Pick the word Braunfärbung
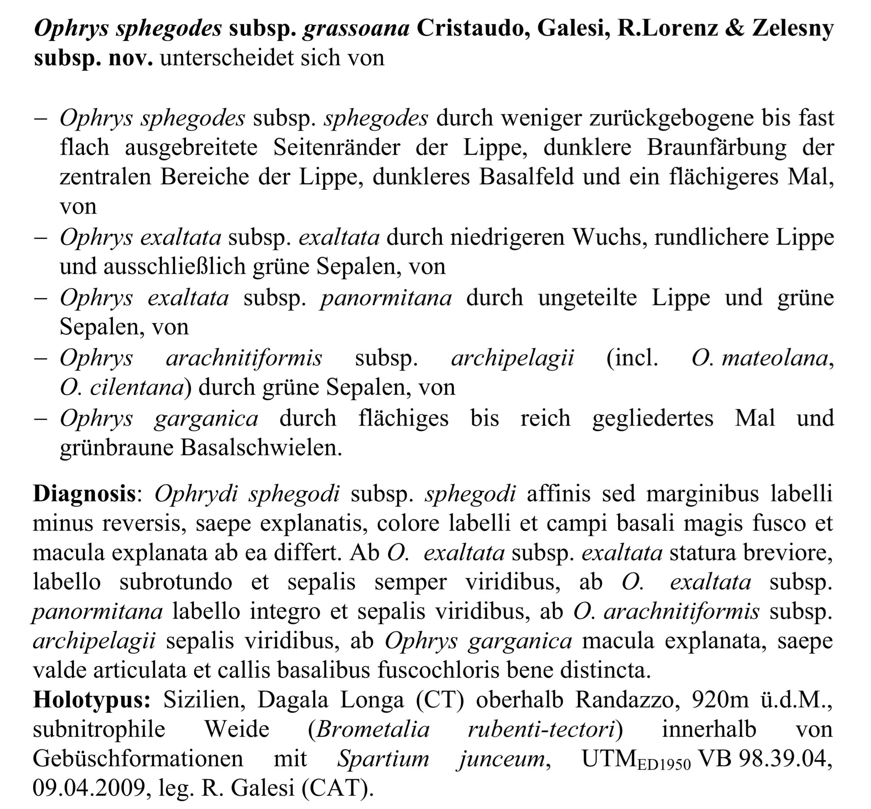(716, 148)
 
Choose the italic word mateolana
(774, 358)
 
